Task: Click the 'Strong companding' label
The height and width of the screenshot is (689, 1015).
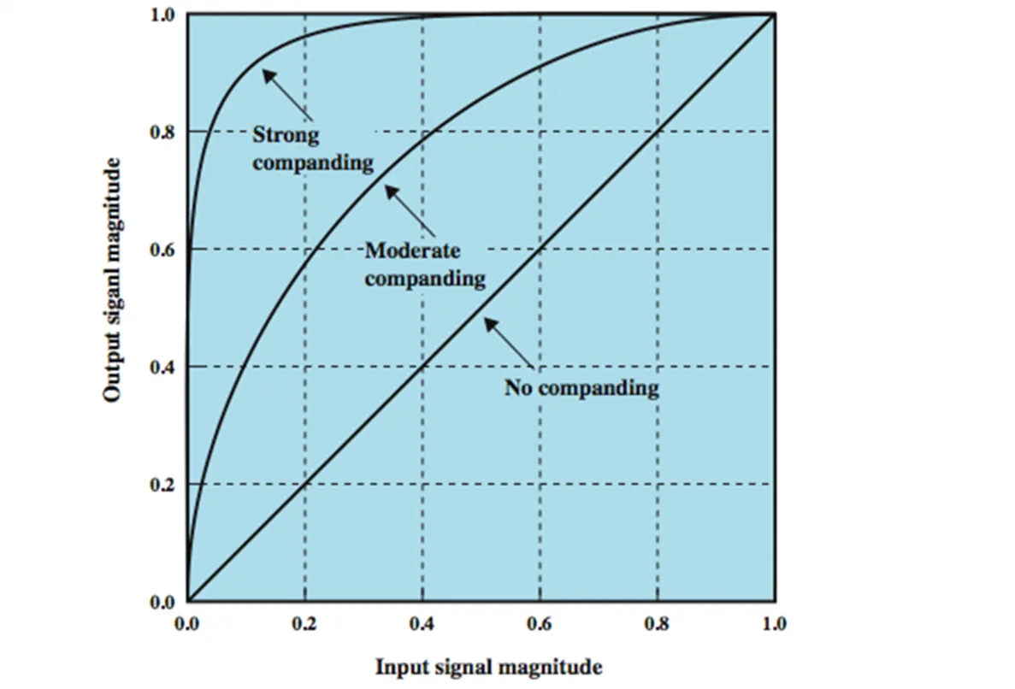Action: click(x=314, y=148)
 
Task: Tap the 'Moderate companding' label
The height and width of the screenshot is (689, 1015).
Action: click(x=425, y=264)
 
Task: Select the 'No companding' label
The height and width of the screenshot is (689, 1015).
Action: click(x=581, y=389)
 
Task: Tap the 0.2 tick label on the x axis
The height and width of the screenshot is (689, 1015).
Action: click(x=304, y=624)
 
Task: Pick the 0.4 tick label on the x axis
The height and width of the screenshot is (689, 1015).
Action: click(x=422, y=624)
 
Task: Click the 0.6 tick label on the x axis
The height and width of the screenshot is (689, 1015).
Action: click(x=540, y=624)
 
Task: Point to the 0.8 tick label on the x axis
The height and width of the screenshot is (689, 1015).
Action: click(x=658, y=624)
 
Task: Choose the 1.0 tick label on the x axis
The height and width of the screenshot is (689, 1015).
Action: click(x=774, y=624)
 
